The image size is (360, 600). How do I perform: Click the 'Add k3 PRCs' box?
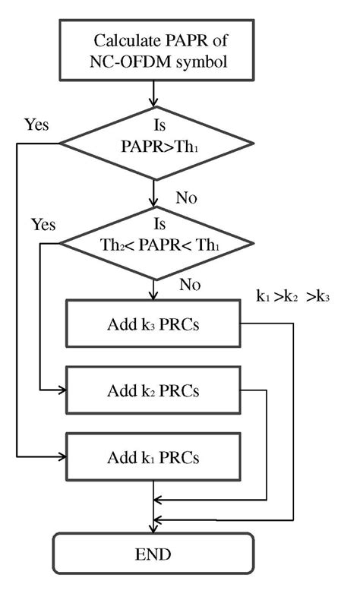154,325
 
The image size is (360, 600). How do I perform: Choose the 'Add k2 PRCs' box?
154,392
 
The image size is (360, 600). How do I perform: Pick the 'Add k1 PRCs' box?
154,458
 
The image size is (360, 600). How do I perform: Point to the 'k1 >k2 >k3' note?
295,297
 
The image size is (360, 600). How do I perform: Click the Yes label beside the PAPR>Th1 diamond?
36,124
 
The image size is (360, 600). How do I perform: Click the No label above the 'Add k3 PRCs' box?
190,284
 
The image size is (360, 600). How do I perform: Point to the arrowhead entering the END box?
154,529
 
